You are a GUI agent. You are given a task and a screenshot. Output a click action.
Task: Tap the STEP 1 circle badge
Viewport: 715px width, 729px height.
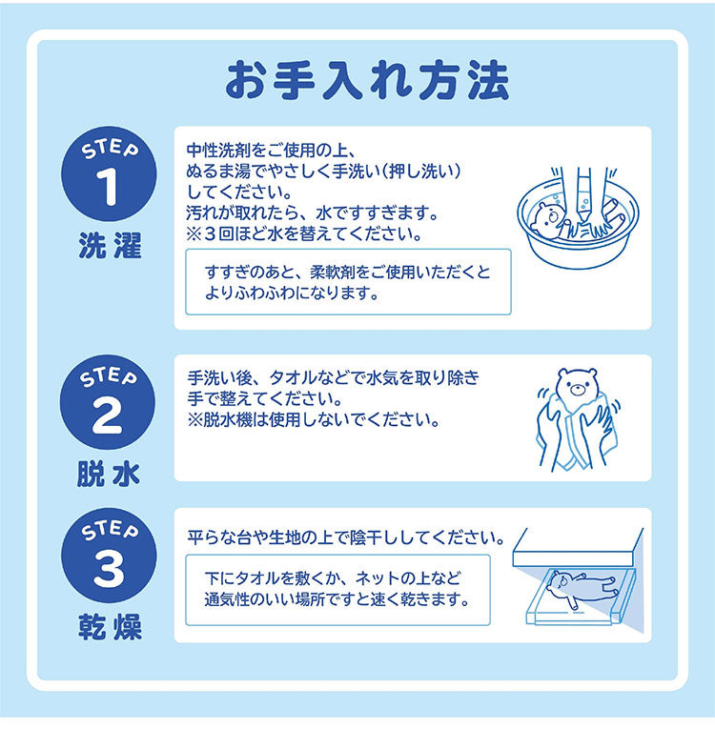point(109,177)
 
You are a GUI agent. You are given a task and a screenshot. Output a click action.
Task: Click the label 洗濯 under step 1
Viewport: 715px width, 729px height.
point(109,248)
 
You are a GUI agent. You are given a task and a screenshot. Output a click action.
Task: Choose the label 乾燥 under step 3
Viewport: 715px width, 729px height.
point(109,628)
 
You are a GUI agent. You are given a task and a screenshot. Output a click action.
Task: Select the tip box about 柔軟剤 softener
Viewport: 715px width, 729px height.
point(348,283)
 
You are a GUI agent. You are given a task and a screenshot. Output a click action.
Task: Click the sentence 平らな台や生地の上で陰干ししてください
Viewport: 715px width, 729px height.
point(345,537)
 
